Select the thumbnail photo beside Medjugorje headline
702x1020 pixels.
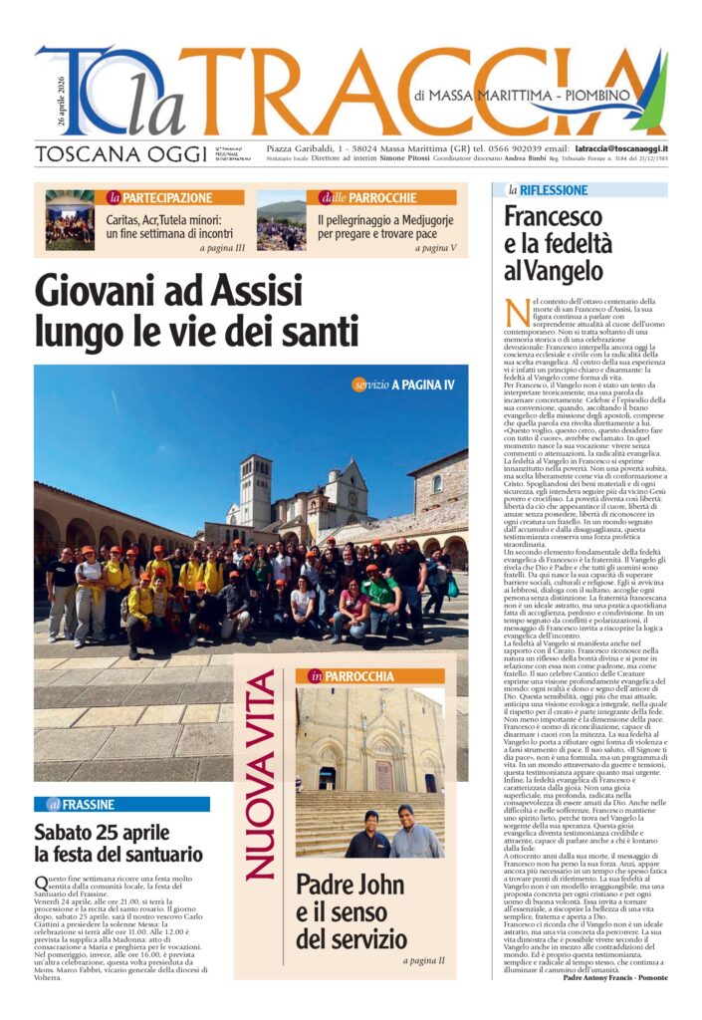pyautogui.click(x=282, y=220)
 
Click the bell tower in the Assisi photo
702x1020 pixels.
pyautogui.click(x=255, y=490)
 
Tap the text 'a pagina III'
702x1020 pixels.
pyautogui.click(x=222, y=248)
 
